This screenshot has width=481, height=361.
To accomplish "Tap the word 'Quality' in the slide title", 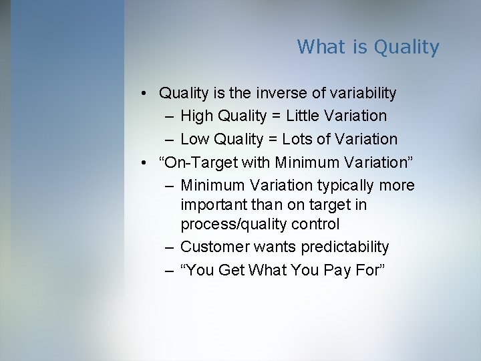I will (x=407, y=47).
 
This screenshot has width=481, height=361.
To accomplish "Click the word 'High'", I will (x=197, y=116).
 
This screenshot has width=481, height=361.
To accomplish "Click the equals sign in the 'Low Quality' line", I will (x=271, y=139).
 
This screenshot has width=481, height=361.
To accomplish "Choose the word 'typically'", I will (x=352, y=185).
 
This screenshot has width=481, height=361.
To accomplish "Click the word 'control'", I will (x=315, y=223).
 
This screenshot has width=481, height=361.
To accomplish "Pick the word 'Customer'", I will (x=215, y=247).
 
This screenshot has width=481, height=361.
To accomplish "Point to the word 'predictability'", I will (x=345, y=247).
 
